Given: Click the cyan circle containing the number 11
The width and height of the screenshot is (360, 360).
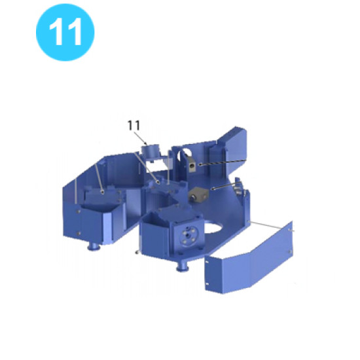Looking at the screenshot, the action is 65,32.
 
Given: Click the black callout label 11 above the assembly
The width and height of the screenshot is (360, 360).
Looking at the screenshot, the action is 134,126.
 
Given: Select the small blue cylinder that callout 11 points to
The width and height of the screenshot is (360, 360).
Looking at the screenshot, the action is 150,151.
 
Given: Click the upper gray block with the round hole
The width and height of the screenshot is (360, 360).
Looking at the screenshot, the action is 192,164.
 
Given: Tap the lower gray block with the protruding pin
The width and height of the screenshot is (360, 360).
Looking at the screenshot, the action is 198,194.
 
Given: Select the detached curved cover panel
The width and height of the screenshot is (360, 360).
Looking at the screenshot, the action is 249,259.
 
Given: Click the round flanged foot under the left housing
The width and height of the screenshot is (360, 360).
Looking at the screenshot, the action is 93,247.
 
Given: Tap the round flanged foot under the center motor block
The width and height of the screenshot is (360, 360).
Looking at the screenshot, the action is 183,268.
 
